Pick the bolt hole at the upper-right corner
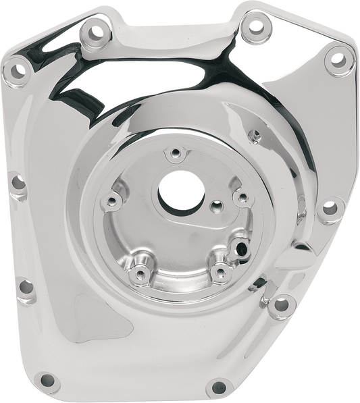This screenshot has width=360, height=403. point(335,61)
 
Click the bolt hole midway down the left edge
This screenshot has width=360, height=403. point(17,181)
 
